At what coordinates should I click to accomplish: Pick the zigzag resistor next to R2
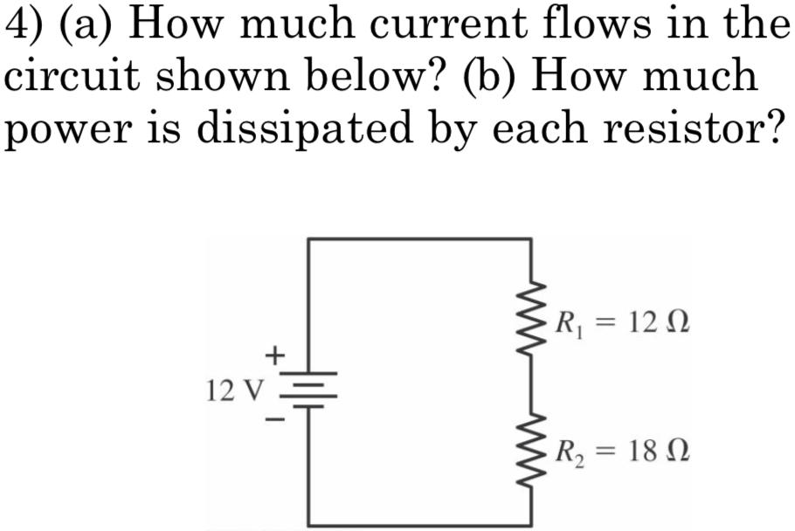pyautogui.click(x=531, y=452)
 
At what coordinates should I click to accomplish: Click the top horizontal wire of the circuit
pyautogui.click(x=419, y=238)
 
